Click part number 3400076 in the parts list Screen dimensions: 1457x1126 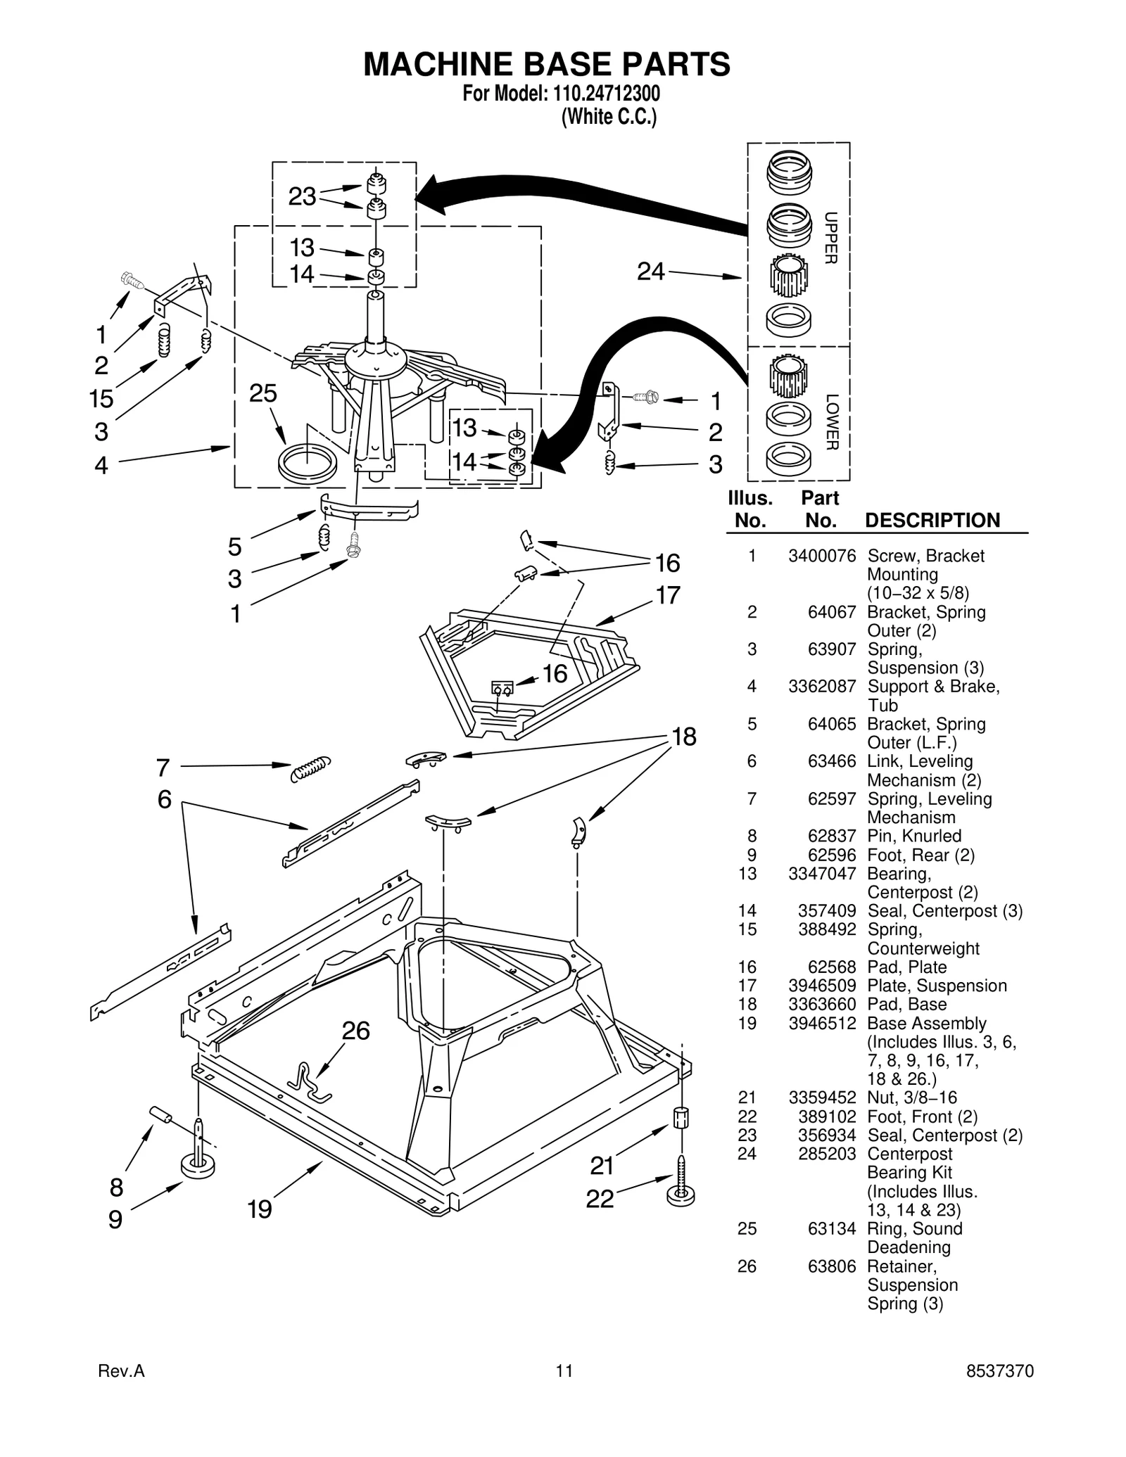(x=821, y=556)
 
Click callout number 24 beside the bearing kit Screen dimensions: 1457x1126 (x=650, y=271)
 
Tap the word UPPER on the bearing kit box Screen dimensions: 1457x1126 (x=830, y=238)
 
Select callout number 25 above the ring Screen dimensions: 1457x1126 (x=263, y=393)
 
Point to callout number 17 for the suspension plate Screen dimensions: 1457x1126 (x=668, y=595)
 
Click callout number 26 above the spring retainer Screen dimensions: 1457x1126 (x=355, y=1031)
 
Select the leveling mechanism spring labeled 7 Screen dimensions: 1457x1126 (x=310, y=768)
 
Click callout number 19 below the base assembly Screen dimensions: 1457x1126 (x=259, y=1209)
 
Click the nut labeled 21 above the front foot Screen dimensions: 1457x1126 (x=681, y=1117)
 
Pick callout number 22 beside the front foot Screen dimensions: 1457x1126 (x=600, y=1199)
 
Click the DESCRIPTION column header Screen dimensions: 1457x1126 (x=932, y=521)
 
